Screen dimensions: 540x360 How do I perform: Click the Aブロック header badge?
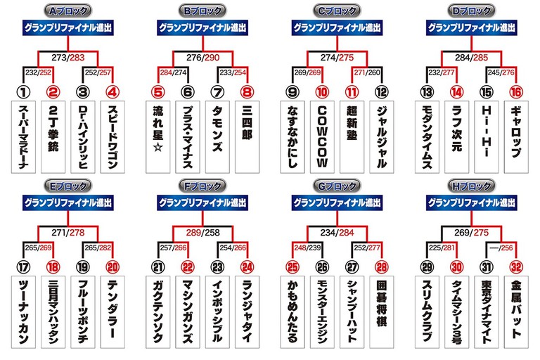(x=67, y=11)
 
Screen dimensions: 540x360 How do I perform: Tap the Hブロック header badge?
(x=471, y=186)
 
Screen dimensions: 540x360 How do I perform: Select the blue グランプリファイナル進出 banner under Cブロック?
(x=337, y=27)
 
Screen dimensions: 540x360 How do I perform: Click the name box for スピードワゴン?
(x=112, y=137)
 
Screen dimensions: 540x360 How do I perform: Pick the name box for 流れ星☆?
(x=157, y=137)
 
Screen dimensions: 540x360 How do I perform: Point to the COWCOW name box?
(x=322, y=137)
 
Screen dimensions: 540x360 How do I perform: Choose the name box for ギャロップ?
(x=516, y=137)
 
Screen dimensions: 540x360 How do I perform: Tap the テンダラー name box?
(x=112, y=311)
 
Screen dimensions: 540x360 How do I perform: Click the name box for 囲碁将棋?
(x=382, y=311)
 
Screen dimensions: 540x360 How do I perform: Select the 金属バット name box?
(x=516, y=311)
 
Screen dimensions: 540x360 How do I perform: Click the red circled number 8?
(x=247, y=92)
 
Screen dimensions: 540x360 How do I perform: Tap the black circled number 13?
(x=427, y=92)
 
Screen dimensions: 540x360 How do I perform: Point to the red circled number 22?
(x=188, y=267)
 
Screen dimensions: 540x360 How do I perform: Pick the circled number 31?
(x=487, y=267)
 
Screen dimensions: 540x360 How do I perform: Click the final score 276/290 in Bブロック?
(x=202, y=58)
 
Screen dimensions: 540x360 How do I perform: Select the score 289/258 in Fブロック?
(x=202, y=233)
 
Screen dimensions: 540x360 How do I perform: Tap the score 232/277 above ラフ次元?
(x=442, y=72)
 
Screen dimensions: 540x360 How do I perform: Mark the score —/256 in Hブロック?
(x=501, y=247)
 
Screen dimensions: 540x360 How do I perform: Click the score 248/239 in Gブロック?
(x=307, y=247)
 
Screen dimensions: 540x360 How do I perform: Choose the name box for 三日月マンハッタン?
(x=53, y=311)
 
